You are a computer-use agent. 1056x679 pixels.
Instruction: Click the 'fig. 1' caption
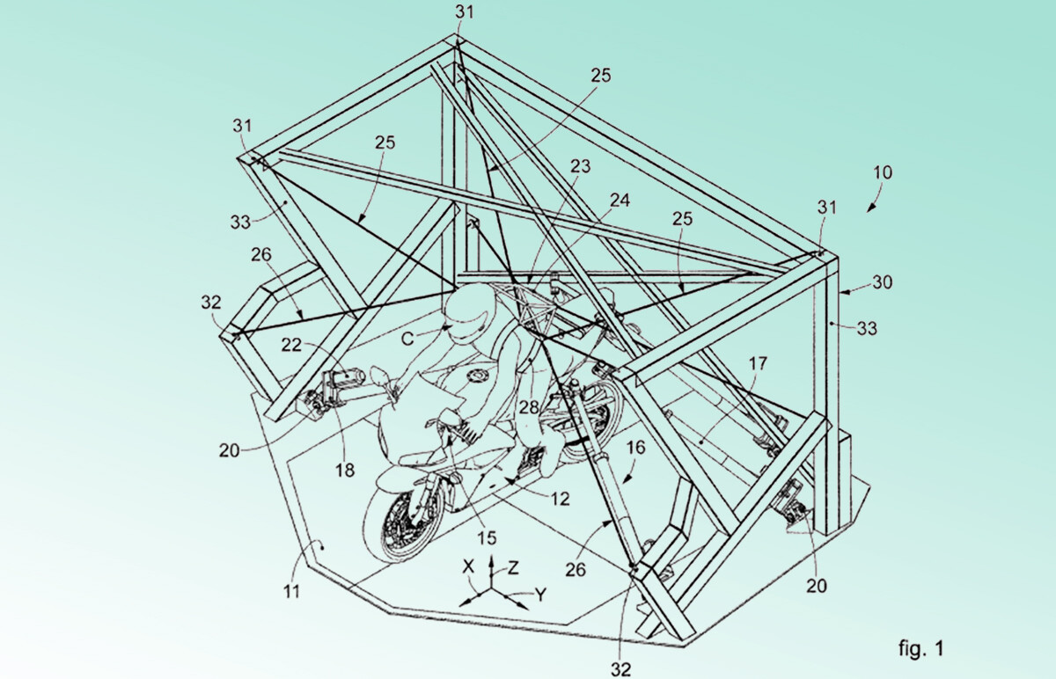tap(920, 648)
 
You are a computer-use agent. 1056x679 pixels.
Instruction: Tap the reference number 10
tap(883, 172)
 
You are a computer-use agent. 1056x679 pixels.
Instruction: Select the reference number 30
tap(882, 282)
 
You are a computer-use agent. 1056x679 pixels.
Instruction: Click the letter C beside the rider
tap(407, 339)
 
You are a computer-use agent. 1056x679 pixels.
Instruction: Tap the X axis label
tap(467, 566)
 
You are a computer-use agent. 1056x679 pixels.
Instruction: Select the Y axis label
tap(540, 595)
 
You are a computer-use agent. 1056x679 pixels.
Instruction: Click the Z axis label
tap(513, 568)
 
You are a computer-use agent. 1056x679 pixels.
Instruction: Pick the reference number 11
tap(292, 591)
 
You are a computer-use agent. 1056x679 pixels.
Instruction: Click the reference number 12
tap(560, 499)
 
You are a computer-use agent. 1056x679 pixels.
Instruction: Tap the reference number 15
tap(487, 537)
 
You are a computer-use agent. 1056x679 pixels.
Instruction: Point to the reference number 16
tap(636, 447)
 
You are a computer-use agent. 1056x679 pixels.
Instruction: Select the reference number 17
tap(758, 363)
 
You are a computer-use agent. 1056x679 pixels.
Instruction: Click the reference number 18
tap(345, 470)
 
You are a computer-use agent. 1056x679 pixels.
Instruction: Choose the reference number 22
tap(291, 345)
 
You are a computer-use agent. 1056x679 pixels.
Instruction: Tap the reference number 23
tap(580, 166)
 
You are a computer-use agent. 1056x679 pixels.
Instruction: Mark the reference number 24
tap(620, 201)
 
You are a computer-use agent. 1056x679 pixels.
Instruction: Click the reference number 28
tap(529, 407)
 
